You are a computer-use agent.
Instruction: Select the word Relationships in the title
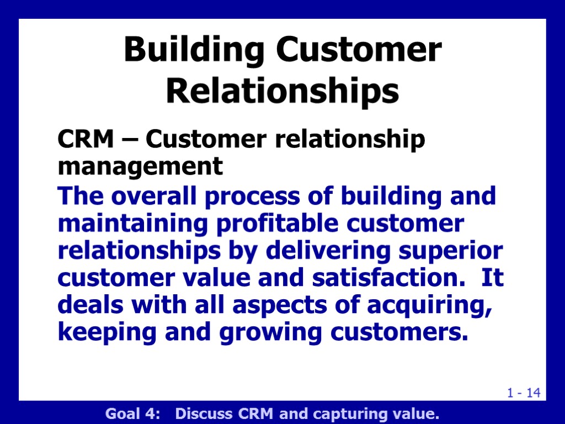click(x=282, y=91)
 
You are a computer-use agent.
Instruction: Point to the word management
click(x=140, y=166)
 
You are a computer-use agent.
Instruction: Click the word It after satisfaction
click(x=492, y=278)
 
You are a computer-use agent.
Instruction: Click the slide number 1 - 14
click(x=524, y=393)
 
